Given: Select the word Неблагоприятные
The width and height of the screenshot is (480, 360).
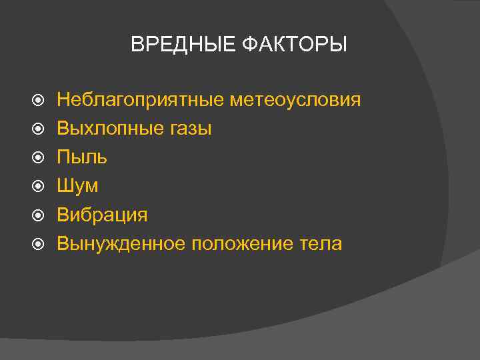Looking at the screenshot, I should point(141,101).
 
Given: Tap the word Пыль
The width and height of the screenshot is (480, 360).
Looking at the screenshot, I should point(82,158).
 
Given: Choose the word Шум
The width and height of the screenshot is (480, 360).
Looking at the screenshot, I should point(77,186).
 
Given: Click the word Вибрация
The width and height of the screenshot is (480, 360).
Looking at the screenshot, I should point(102,215).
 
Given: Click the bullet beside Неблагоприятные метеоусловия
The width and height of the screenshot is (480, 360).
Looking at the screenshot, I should point(38,101).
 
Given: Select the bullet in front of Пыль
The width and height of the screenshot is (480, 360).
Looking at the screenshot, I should point(38,159).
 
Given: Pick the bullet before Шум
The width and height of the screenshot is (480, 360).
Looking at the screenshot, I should point(38,187).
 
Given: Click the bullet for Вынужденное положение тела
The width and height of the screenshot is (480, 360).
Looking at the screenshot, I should point(38,245).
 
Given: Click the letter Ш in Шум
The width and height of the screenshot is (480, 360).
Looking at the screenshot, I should point(65,186).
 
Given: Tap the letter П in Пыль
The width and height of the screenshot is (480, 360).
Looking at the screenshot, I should point(63,157).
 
